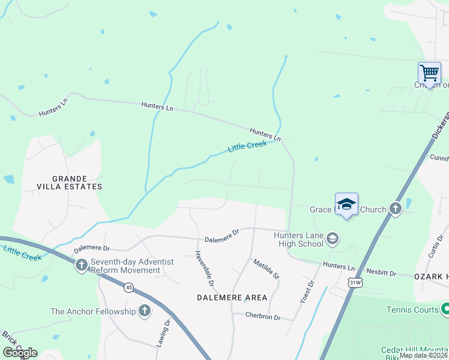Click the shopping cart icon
(x=429, y=73)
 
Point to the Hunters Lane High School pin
(x=332, y=240)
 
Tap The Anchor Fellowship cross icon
(x=144, y=311)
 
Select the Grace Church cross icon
(x=395, y=209)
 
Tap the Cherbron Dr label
(x=262, y=317)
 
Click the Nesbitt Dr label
(x=381, y=274)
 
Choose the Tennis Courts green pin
(x=445, y=309)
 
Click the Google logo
(x=20, y=353)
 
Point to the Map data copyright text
(x=424, y=355)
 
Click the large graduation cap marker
(x=346, y=204)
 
